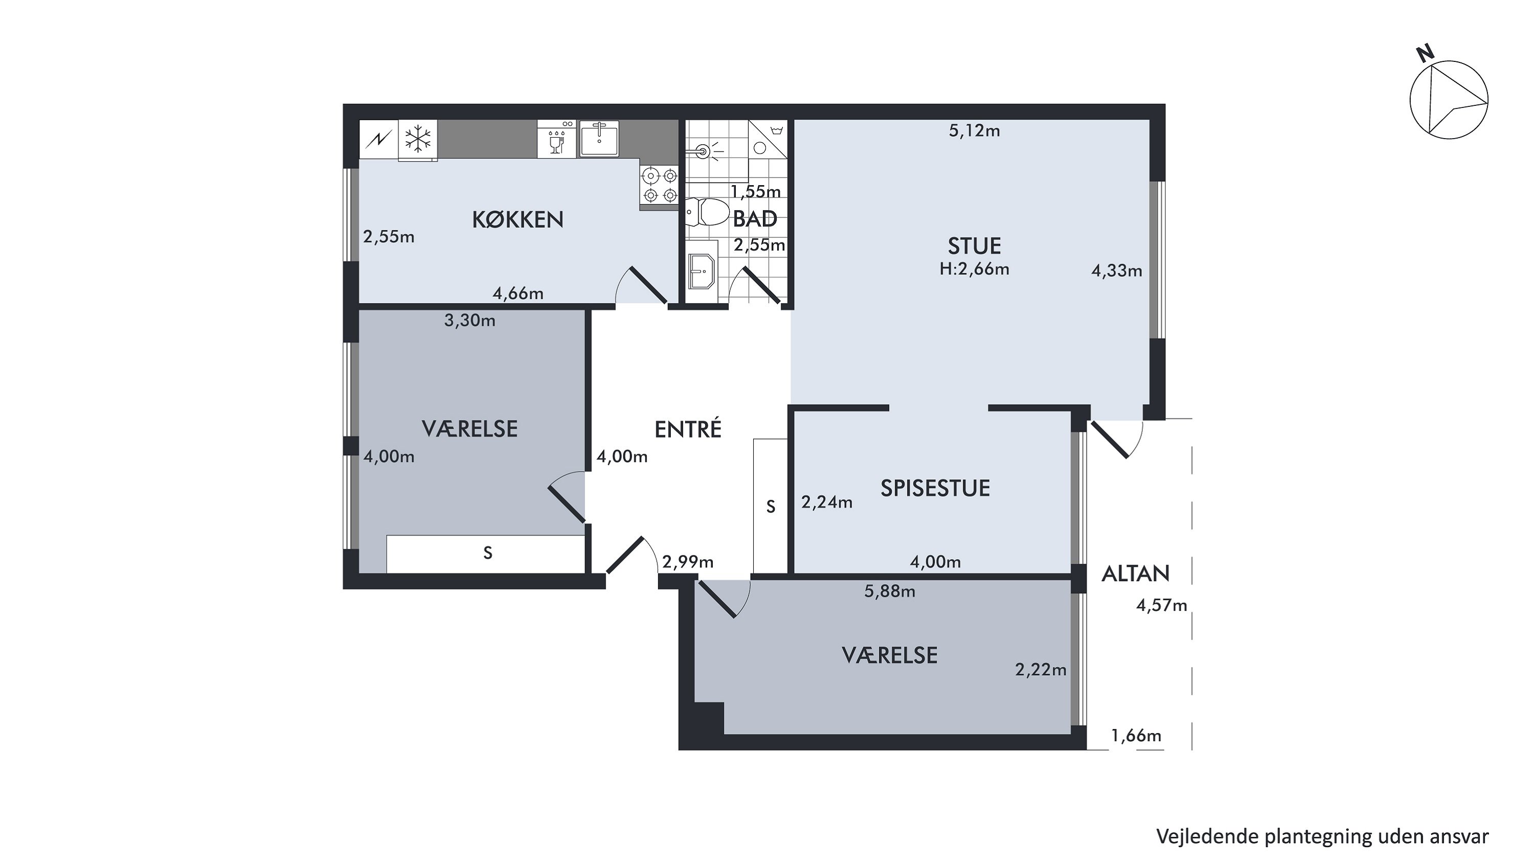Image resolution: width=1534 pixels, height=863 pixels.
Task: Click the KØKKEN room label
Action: pyautogui.click(x=517, y=220)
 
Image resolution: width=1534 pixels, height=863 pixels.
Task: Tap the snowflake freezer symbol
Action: pyautogui.click(x=418, y=139)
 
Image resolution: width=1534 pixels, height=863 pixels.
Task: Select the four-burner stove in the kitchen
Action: pyautogui.click(x=660, y=185)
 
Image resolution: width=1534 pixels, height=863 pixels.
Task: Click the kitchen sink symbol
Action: pyautogui.click(x=599, y=138)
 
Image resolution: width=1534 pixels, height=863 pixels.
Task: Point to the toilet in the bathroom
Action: pyautogui.click(x=708, y=212)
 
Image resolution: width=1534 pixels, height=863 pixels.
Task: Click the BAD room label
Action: pyautogui.click(x=755, y=219)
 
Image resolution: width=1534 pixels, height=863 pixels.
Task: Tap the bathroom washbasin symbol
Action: pyautogui.click(x=701, y=272)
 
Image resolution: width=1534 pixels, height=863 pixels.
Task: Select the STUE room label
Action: pyautogui.click(x=974, y=246)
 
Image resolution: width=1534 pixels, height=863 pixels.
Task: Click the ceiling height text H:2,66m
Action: pyautogui.click(x=974, y=269)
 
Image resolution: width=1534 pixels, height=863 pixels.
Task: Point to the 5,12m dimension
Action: pyautogui.click(x=974, y=130)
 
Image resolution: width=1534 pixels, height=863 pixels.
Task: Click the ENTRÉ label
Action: pyautogui.click(x=688, y=429)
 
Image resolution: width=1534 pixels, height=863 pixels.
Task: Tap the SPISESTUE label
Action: pyautogui.click(x=935, y=488)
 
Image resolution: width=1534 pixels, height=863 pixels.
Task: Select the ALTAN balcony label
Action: pyautogui.click(x=1136, y=573)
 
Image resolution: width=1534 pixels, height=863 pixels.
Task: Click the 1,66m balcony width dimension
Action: pyautogui.click(x=1136, y=736)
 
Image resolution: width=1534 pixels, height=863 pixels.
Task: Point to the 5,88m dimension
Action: pyautogui.click(x=890, y=591)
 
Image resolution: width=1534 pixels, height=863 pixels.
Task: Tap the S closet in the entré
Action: pyautogui.click(x=771, y=506)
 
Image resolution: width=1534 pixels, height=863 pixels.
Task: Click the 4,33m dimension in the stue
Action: pyautogui.click(x=1117, y=271)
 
